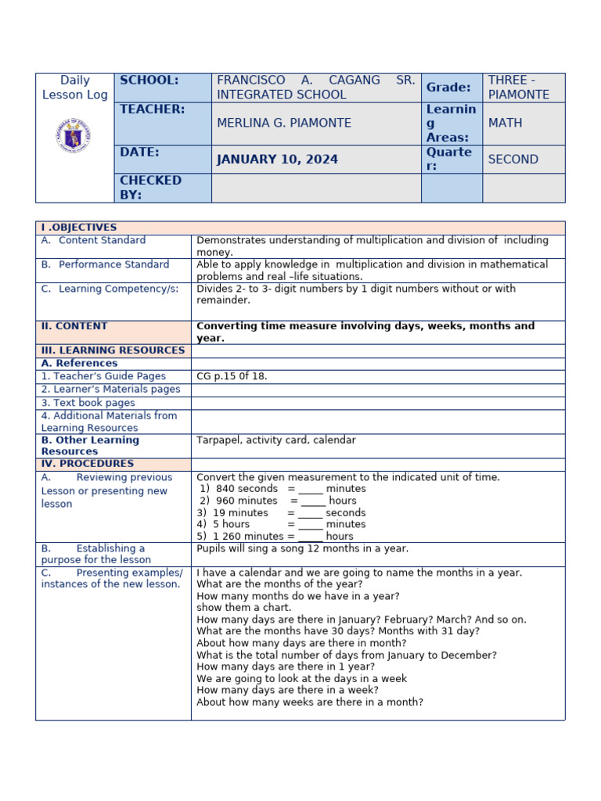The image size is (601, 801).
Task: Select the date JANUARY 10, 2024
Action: click(277, 160)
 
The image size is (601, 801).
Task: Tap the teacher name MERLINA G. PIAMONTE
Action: click(283, 123)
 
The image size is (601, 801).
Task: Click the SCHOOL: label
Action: click(149, 81)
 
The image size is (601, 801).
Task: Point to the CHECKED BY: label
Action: click(150, 188)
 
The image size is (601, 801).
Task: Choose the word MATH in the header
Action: click(505, 123)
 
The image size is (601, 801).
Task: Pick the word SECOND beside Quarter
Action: click(513, 160)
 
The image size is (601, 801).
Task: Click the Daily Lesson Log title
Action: click(74, 88)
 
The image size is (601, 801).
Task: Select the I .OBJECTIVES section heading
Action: click(79, 228)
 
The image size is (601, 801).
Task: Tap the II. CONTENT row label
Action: click(74, 326)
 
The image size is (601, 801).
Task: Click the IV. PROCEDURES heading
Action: click(88, 464)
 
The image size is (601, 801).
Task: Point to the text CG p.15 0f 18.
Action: click(232, 376)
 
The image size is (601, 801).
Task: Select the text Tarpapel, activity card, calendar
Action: click(275, 440)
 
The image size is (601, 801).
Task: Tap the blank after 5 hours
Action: click(310, 525)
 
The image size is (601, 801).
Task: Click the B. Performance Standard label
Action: click(105, 264)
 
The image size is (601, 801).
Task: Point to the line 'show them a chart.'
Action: click(243, 608)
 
